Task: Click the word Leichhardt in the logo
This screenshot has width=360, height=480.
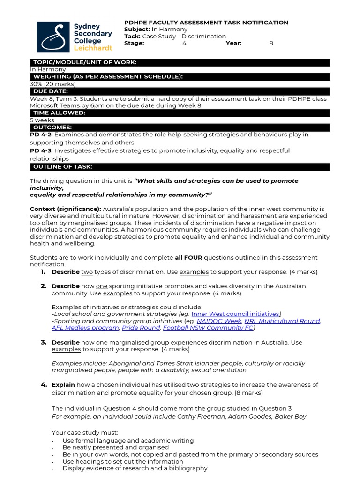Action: click(93, 48)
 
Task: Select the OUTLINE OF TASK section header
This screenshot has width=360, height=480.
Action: click(63, 167)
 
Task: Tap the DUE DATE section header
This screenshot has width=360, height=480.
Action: click(51, 91)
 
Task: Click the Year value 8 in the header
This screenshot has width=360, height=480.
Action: click(271, 43)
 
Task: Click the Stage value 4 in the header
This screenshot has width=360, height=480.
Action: click(184, 43)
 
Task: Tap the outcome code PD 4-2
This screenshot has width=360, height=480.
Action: click(41, 135)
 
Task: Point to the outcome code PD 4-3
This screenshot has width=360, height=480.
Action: click(41, 150)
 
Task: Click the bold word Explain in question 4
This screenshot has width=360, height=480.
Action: click(63, 385)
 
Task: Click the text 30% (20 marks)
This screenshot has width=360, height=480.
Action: click(53, 84)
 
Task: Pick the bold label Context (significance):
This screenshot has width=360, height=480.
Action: click(65, 209)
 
